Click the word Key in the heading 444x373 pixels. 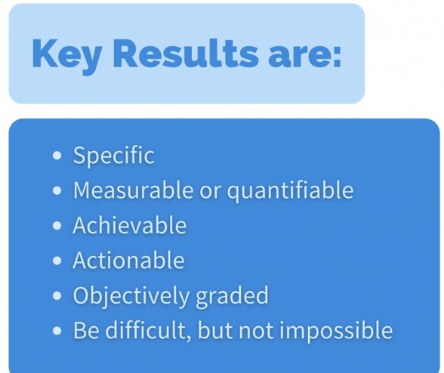66,56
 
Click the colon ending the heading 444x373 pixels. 337,57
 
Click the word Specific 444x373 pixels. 114,156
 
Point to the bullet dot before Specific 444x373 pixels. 57,156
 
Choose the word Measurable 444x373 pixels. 134,190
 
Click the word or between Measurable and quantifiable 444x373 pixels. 211,192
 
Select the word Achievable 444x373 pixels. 130,225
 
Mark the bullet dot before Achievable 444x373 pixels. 57,226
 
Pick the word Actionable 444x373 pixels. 128,260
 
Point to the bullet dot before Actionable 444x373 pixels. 57,260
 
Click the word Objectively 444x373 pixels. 131,296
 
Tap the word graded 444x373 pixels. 232,296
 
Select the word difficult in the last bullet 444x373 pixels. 148,330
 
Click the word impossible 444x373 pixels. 336,331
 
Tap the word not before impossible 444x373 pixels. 256,331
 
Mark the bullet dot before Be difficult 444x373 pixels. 57,331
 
